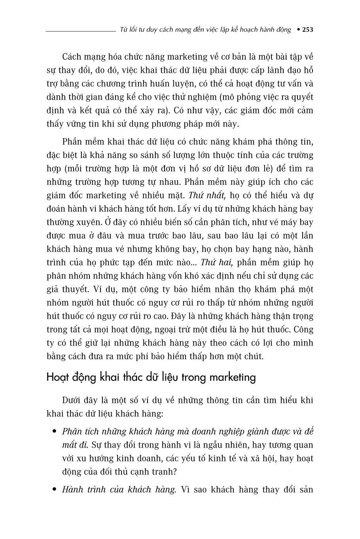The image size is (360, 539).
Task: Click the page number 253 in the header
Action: pyautogui.click(x=307, y=30)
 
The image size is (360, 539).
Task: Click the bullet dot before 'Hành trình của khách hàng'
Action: pyautogui.click(x=54, y=490)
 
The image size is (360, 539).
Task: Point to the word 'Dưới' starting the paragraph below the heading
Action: pyautogui.click(x=73, y=400)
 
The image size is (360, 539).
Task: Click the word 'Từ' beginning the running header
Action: pyautogui.click(x=123, y=30)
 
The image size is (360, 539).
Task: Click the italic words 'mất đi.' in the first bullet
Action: pyautogui.click(x=74, y=445)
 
